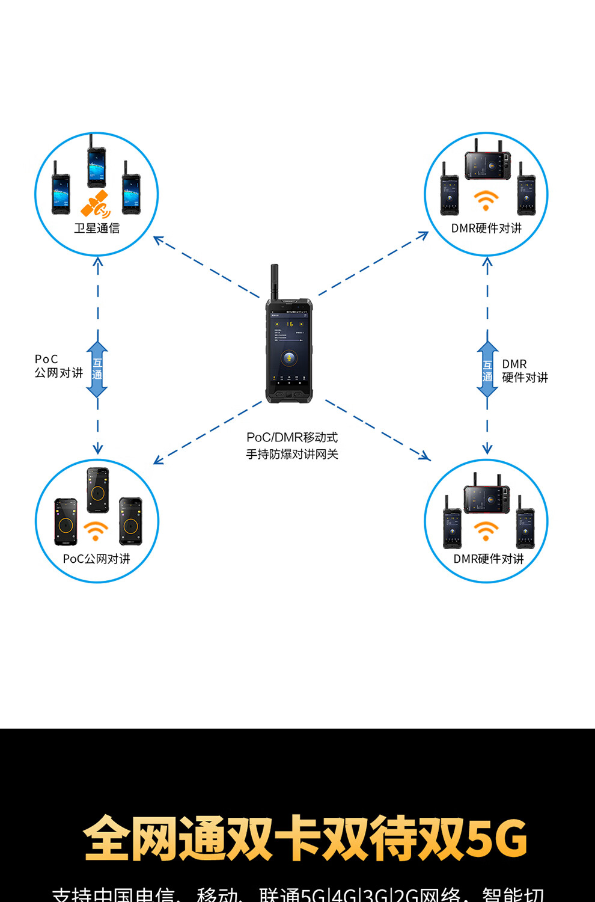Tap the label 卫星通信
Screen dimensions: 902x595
[97, 229]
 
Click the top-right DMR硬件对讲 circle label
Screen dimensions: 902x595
[486, 229]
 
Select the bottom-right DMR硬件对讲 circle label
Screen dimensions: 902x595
[488, 559]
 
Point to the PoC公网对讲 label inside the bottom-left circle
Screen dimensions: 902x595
[96, 559]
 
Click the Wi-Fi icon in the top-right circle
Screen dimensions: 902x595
[486, 200]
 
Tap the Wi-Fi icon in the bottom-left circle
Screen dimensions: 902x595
[96, 530]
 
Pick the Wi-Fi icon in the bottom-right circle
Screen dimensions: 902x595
[486, 530]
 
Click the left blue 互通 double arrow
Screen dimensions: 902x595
[97, 369]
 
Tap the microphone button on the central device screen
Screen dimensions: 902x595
[289, 359]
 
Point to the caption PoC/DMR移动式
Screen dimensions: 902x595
[292, 437]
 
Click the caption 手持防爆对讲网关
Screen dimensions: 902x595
[292, 455]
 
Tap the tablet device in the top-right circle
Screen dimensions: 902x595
[487, 165]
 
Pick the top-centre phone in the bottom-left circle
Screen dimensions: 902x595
[98, 489]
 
